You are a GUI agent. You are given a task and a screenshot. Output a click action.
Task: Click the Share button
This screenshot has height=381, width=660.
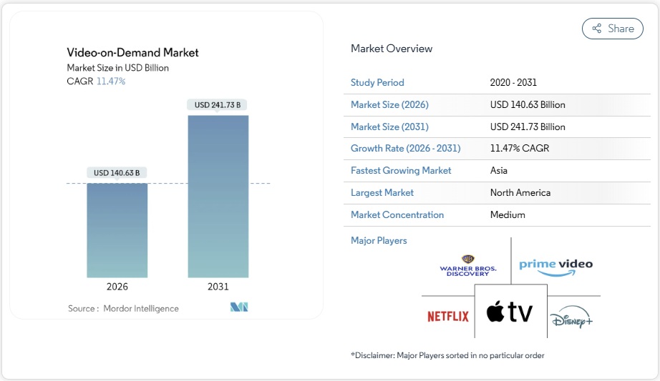[x=612, y=29]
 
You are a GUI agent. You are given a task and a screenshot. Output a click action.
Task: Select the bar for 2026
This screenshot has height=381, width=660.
[x=117, y=230]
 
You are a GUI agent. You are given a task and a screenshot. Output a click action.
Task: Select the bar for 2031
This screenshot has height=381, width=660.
[x=218, y=197]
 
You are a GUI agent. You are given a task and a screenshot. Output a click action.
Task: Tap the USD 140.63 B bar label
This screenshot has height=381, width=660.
[x=117, y=172]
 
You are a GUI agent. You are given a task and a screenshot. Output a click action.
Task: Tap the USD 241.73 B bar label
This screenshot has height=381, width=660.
[x=218, y=105]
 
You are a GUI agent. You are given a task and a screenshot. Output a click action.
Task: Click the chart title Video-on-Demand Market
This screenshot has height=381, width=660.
[x=132, y=52]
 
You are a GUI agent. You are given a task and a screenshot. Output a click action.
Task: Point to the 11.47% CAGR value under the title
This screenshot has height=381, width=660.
[x=111, y=81]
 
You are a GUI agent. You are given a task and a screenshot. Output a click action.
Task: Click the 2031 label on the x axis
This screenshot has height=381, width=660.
[x=218, y=287]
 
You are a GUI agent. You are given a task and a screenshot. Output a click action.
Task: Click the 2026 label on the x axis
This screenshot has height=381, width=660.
[x=117, y=287]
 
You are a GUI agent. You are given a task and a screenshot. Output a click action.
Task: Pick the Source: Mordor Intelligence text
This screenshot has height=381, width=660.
[x=123, y=308]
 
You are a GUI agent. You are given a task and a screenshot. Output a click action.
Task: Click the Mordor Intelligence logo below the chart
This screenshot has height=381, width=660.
[x=238, y=307]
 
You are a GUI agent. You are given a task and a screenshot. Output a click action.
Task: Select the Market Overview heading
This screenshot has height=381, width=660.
[x=392, y=49]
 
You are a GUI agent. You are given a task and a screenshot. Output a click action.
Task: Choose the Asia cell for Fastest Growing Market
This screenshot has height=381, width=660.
[x=499, y=171]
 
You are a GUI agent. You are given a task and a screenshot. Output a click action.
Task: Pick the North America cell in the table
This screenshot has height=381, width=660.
[x=520, y=193]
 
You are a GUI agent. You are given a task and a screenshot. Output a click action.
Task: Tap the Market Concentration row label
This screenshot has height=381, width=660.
[x=397, y=215]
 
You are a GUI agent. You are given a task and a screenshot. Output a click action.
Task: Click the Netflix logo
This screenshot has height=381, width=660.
[x=448, y=316]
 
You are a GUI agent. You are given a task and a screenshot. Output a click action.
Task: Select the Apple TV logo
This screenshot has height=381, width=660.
[x=510, y=312]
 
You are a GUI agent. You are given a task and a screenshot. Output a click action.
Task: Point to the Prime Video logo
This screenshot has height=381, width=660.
[x=555, y=265]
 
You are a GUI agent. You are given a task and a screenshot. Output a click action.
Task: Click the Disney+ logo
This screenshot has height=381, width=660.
[x=572, y=320]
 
